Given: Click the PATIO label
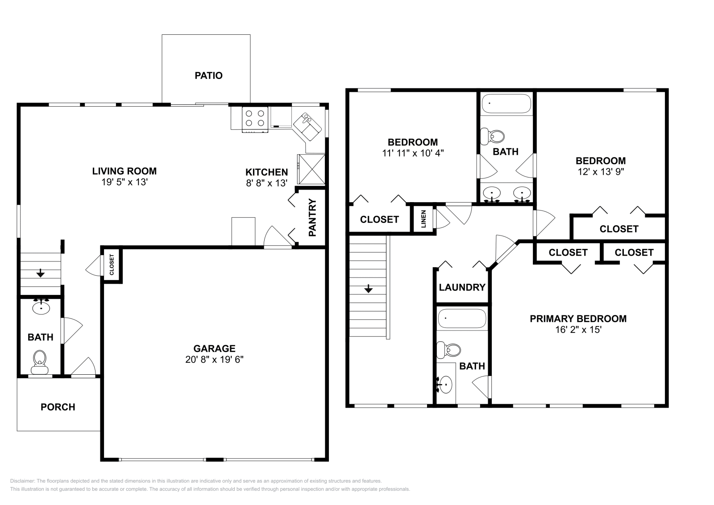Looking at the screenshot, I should click(208, 75).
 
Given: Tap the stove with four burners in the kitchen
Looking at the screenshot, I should click(255, 119).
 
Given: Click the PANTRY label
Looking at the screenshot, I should click(312, 217).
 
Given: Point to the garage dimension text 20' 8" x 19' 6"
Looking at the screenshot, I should click(214, 359).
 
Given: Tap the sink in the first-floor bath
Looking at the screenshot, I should click(41, 307).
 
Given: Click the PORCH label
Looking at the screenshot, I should click(58, 407).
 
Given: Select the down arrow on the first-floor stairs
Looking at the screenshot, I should click(41, 273).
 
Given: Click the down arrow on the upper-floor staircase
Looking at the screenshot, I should click(368, 289).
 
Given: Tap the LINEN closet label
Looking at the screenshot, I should click(423, 219).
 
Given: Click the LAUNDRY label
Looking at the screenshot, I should click(462, 287).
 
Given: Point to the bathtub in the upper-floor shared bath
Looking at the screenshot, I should click(506, 103).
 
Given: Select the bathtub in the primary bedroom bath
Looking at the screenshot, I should click(462, 319).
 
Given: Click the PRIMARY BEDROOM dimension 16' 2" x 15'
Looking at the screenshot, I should click(578, 330).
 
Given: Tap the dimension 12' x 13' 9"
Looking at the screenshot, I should click(600, 172).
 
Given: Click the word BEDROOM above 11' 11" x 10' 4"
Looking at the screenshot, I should click(412, 142).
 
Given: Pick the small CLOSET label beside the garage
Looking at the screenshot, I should click(112, 265).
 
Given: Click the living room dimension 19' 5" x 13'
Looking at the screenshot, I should click(124, 182).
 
